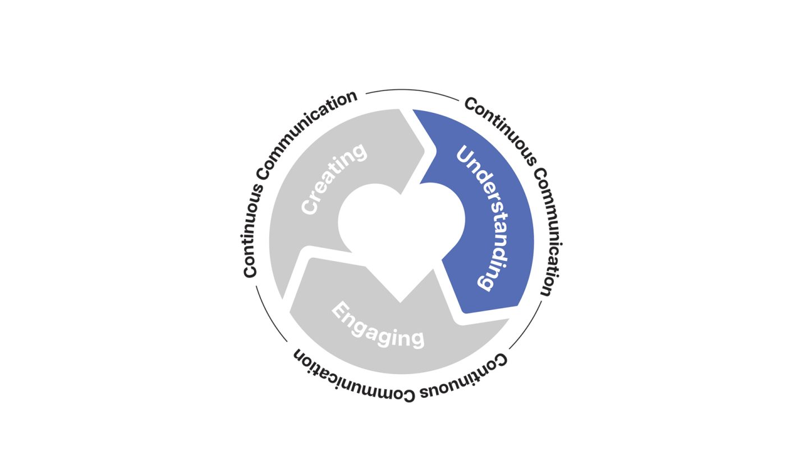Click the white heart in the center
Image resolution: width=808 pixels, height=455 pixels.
tap(402, 225)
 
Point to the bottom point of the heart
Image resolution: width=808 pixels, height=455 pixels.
tap(401, 302)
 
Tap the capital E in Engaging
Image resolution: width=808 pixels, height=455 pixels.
tap(339, 310)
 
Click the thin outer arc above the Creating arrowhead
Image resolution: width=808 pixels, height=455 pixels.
tap(412, 90)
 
